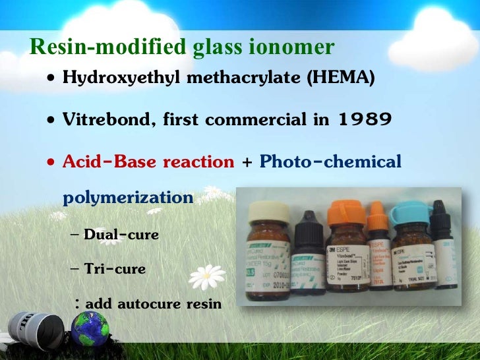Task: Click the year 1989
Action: tap(365, 120)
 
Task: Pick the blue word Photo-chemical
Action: tap(330, 162)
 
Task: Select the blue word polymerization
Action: tap(128, 197)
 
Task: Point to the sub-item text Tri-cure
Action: tap(115, 269)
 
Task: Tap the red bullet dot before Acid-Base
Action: tap(51, 163)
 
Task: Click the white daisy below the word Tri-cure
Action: tap(206, 278)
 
